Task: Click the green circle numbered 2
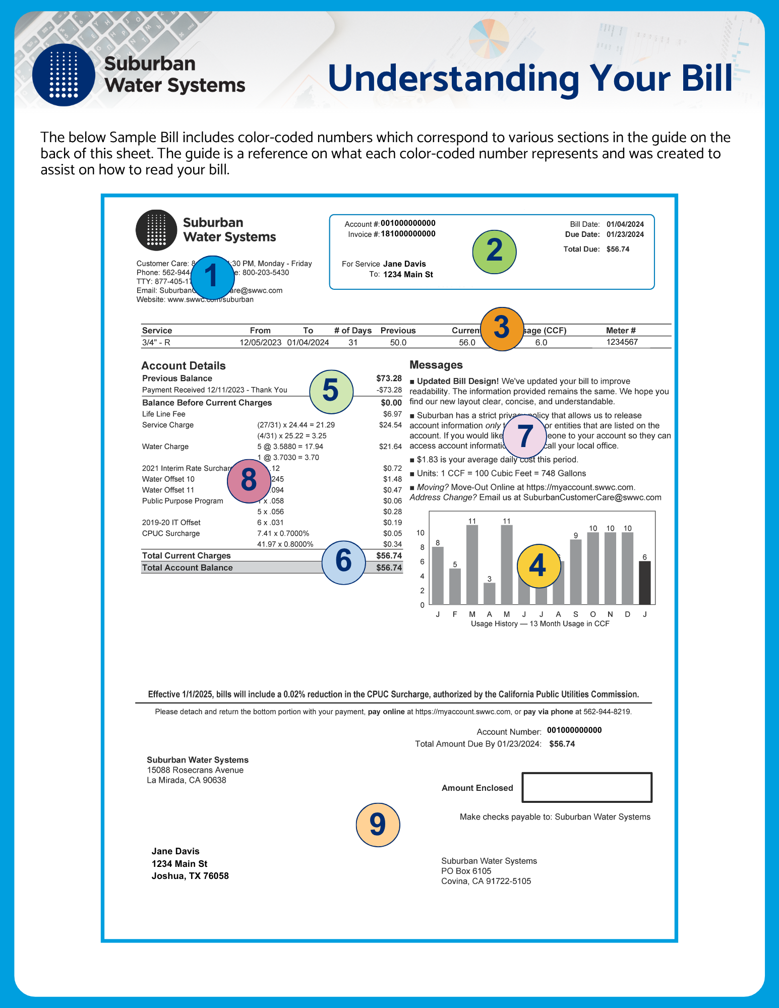pos(494,251)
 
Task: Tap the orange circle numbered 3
pos(502,329)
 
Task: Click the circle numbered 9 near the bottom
pos(378,825)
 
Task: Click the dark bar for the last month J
pos(644,583)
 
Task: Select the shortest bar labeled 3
pos(489,594)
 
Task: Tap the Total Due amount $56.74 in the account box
pos(618,249)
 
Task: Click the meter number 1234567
pos(622,342)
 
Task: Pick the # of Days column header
pos(352,331)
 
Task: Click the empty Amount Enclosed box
pos(586,787)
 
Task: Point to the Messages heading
pos(436,365)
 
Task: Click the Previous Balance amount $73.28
pos(389,378)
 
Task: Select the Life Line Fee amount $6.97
pos(392,414)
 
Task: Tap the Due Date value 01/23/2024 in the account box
pos(625,234)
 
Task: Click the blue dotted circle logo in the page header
pos(64,75)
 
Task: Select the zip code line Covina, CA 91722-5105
pos(486,881)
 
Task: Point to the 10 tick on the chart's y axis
pos(420,533)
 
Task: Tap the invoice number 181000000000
pos(408,234)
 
